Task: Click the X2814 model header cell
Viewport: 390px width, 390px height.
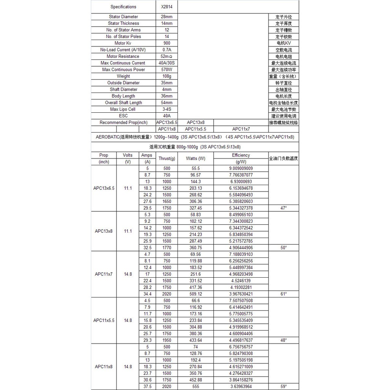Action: pyautogui.click(x=166, y=6)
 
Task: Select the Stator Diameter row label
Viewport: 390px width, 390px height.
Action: pyautogui.click(x=123, y=17)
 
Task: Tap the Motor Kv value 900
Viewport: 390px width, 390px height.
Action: pyautogui.click(x=166, y=43)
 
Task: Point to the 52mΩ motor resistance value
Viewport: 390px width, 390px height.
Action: pyautogui.click(x=166, y=56)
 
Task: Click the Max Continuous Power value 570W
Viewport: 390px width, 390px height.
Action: pyautogui.click(x=166, y=70)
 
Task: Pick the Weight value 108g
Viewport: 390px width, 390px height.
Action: pyautogui.click(x=166, y=76)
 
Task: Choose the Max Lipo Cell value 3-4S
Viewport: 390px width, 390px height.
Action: pyautogui.click(x=166, y=109)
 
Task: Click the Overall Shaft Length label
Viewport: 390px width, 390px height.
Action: pyautogui.click(x=123, y=103)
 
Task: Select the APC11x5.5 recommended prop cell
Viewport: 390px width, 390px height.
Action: pyautogui.click(x=196, y=129)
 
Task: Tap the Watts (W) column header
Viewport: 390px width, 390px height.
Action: pyautogui.click(x=196, y=158)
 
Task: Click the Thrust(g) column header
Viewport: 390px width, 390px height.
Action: pyautogui.click(x=167, y=158)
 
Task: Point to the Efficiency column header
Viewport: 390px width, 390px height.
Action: pyautogui.click(x=241, y=155)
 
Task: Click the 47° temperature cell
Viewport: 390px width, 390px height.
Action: pyautogui.click(x=283, y=208)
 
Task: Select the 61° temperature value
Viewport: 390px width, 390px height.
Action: pyautogui.click(x=283, y=294)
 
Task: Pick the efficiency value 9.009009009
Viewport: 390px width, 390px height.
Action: pyautogui.click(x=241, y=168)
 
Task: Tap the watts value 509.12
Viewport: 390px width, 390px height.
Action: pyautogui.click(x=196, y=294)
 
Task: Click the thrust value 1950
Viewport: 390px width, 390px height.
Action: pyautogui.click(x=167, y=340)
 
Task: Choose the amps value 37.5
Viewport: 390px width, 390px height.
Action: pyautogui.click(x=147, y=387)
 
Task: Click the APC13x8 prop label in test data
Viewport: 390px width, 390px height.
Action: pyautogui.click(x=104, y=231)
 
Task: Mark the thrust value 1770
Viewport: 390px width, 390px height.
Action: pyautogui.click(x=167, y=248)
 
